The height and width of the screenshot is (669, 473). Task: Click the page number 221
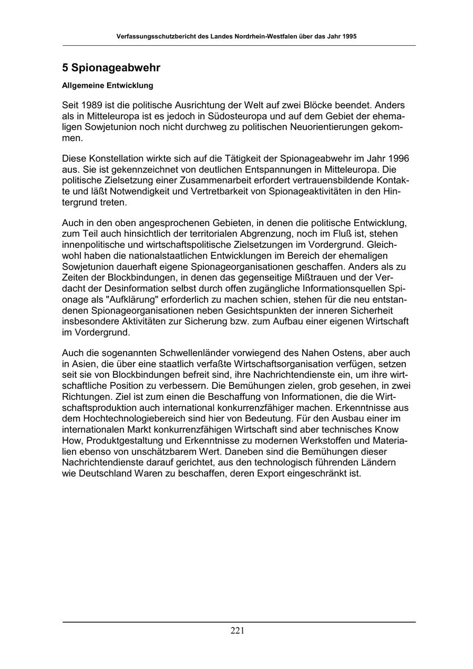click(x=237, y=631)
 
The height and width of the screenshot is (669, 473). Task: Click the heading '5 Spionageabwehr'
click(x=111, y=68)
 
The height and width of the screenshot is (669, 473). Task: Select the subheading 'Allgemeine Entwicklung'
click(x=107, y=85)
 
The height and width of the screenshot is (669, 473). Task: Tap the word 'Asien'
click(x=83, y=364)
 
